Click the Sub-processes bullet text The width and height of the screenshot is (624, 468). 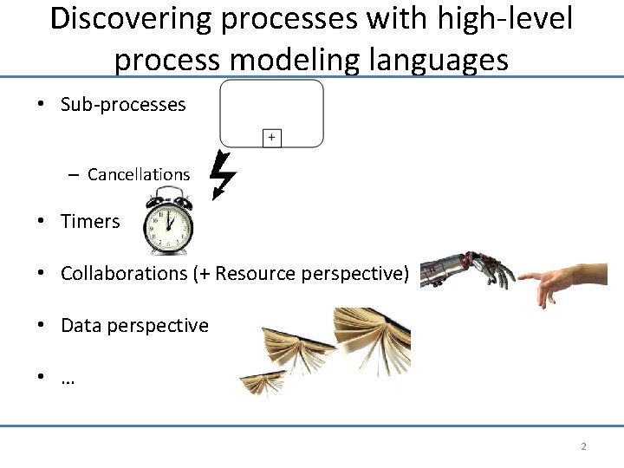pos(123,105)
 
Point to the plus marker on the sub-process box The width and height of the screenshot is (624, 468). pos(271,137)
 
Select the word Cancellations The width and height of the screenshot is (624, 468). pos(139,174)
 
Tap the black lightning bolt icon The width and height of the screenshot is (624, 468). pos(224,174)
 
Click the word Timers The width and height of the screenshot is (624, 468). pos(90,222)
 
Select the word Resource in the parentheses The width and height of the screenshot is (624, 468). pos(254,274)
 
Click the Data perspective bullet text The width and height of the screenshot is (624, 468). pos(134,326)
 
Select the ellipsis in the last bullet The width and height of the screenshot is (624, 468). pos(68,379)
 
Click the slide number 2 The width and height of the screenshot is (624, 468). pos(583,446)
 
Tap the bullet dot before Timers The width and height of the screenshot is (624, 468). pos(41,222)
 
